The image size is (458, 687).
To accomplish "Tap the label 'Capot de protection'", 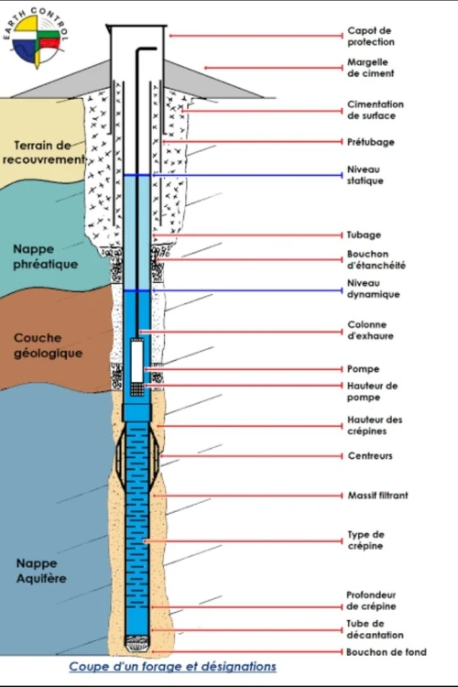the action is tap(371, 37).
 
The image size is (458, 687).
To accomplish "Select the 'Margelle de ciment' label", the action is tap(370, 68).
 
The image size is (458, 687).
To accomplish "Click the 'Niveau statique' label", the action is tap(365, 175).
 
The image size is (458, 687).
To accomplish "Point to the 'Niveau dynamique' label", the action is tap(373, 289).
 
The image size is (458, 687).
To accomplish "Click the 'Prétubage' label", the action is tap(371, 142).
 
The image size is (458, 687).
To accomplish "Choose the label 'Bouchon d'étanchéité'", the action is tap(376, 260).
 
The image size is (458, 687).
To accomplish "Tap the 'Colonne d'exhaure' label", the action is tap(370, 331).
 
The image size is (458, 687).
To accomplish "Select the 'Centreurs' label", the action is tap(370, 456).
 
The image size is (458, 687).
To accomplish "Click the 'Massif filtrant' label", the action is tap(377, 496).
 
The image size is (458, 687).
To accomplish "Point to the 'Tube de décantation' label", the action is tap(375, 629).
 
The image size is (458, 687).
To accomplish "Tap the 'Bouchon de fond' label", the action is tap(387, 652).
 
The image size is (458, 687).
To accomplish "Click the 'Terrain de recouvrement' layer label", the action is tap(42, 152).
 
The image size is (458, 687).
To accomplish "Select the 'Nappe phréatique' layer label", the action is tap(45, 256).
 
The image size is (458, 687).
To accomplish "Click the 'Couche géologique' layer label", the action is tap(48, 345).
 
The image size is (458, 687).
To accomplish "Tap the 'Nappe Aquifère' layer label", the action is tap(41, 571).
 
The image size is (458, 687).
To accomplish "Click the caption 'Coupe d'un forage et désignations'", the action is tap(173, 667).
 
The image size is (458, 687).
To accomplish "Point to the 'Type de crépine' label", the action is tap(365, 540).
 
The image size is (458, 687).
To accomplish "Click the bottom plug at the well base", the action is tap(137, 643).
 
